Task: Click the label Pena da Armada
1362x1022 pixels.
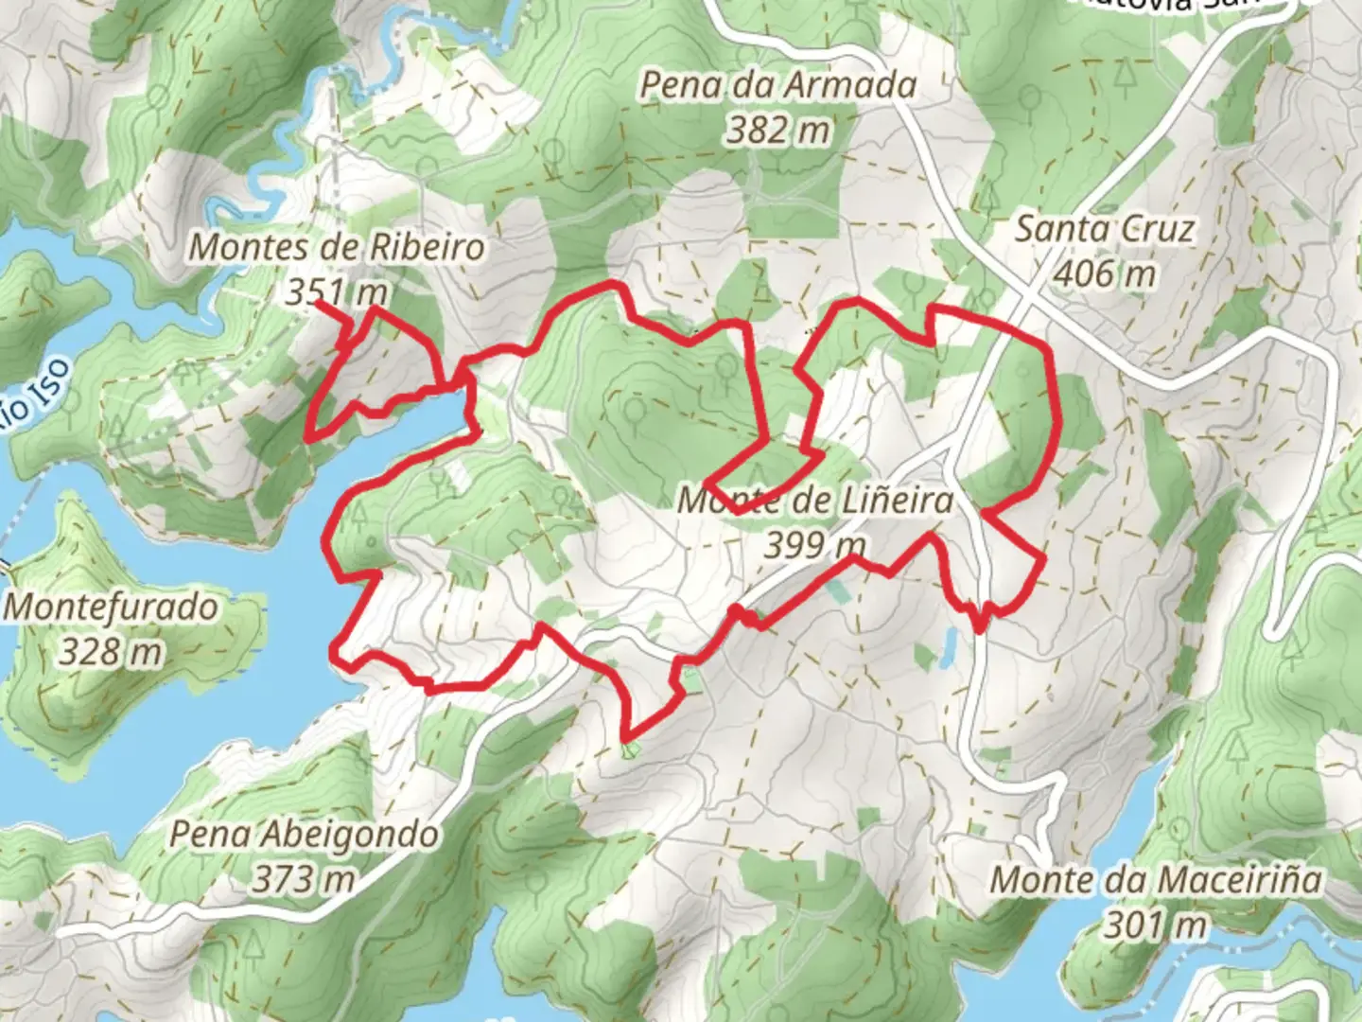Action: click(778, 86)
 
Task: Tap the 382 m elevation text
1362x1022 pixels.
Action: click(778, 130)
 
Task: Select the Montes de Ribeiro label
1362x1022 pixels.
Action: click(338, 248)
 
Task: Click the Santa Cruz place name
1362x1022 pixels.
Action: click(1104, 230)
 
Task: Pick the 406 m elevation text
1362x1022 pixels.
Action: click(1104, 274)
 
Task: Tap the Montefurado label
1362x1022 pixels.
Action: click(112, 608)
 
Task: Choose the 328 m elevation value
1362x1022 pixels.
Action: click(112, 652)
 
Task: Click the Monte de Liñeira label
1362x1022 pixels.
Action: click(815, 501)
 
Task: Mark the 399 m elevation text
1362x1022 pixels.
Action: click(815, 545)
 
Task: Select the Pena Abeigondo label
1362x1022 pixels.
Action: click(305, 836)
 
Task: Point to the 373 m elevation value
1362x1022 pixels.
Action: click(303, 880)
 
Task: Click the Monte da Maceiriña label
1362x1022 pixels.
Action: click(1156, 880)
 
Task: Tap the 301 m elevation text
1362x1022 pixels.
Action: click(1156, 924)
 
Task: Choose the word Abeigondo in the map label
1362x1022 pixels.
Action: click(352, 836)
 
